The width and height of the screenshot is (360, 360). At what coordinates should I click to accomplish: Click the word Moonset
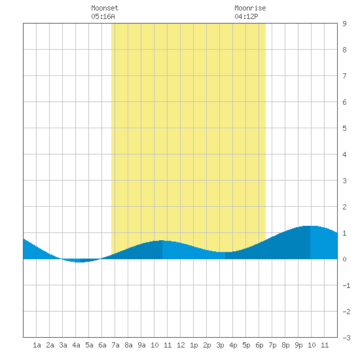(x=105, y=8)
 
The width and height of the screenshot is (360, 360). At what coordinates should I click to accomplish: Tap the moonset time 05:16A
(x=103, y=16)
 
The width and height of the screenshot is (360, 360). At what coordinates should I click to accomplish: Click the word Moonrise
(x=250, y=8)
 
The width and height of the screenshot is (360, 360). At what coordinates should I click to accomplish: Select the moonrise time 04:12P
(x=246, y=16)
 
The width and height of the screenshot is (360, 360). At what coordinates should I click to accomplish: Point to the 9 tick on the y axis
(x=344, y=24)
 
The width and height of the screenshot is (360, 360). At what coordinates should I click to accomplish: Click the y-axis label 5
(x=344, y=128)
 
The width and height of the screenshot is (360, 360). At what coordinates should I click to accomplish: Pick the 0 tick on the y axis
(x=344, y=259)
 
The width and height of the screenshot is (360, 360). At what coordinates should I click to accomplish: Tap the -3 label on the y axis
(x=346, y=338)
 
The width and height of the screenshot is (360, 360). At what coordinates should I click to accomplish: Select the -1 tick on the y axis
(x=346, y=285)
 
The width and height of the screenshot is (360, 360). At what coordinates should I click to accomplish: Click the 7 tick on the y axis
(x=344, y=76)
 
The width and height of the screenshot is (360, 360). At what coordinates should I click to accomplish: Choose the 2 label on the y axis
(x=344, y=207)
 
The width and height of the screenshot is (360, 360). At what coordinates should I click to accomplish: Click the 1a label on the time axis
(x=37, y=345)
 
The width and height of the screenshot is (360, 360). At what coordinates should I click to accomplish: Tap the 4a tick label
(x=76, y=345)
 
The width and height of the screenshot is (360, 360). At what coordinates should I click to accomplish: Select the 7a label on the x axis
(x=115, y=345)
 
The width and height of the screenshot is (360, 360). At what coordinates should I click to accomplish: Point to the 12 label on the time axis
(x=181, y=345)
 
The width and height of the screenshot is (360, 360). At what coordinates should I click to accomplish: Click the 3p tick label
(x=220, y=345)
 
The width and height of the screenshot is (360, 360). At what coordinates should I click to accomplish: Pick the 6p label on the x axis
(x=259, y=345)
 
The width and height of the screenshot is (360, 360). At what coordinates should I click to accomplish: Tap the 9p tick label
(x=298, y=345)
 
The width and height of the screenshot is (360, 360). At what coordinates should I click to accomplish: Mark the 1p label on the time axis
(x=194, y=345)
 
